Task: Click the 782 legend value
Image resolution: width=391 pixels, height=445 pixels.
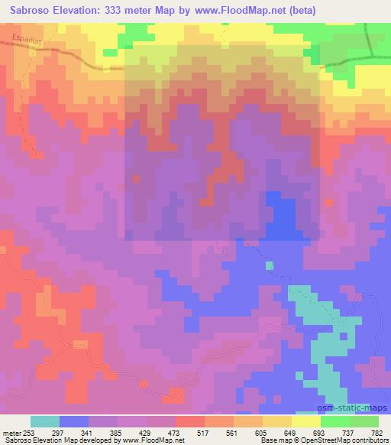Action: click(376, 432)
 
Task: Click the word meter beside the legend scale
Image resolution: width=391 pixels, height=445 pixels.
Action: click(11, 432)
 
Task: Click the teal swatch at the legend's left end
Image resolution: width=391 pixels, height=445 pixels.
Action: click(45, 421)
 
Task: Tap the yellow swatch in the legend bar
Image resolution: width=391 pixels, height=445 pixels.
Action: click(305, 421)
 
